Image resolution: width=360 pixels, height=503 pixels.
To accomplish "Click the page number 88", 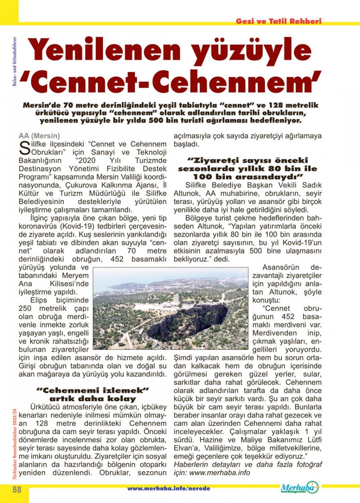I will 17,490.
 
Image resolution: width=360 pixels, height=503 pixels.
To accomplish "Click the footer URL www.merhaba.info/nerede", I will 168,489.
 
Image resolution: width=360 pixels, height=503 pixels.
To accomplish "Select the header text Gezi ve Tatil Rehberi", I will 278,21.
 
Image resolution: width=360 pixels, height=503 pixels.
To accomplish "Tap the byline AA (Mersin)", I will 39,136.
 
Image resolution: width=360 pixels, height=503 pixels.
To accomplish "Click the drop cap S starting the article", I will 24,148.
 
